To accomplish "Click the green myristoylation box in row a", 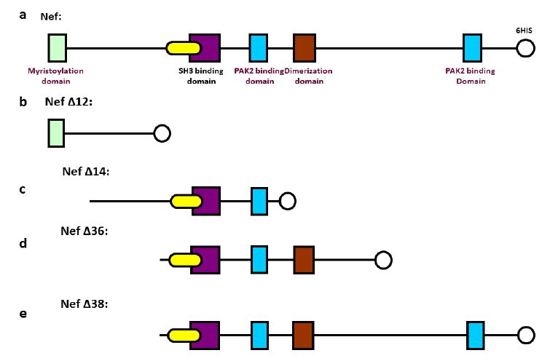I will pos(57,48).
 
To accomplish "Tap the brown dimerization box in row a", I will pos(304,48).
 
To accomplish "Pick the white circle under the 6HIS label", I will pos(525,49).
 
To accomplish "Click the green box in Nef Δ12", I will pos(56,134).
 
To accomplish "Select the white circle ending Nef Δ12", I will pos(162,134).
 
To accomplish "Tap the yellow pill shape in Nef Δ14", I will pos(186,201).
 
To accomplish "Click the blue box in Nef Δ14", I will pos(259,201).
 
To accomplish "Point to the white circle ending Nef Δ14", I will pos(288,201).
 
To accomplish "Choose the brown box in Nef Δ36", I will pos(304,259).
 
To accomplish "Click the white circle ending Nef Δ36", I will pos(383,259).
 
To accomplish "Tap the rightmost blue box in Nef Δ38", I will pos(476,335).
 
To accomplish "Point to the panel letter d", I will pos(23,243).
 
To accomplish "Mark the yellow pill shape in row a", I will pos(184,49).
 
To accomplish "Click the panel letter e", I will pos(23,314).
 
